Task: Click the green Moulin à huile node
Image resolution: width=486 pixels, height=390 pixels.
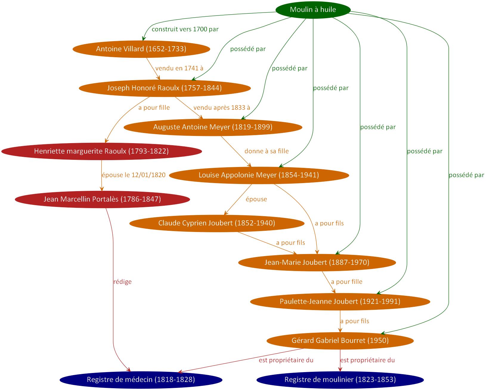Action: [x=313, y=10]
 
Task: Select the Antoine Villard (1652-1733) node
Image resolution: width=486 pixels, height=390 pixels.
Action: [x=141, y=49]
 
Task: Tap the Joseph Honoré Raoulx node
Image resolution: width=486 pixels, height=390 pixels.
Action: [x=164, y=88]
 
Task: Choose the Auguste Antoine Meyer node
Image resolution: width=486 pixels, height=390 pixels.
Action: [x=213, y=127]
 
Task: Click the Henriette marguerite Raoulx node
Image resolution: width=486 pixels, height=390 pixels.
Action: [x=101, y=151]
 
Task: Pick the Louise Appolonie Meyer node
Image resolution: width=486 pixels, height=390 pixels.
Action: [x=259, y=175]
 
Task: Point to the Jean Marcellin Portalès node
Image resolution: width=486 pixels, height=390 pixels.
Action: [x=102, y=199]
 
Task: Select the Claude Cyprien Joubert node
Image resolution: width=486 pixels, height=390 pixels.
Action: [x=216, y=223]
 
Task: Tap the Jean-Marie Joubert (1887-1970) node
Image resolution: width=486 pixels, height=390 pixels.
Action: [x=317, y=262]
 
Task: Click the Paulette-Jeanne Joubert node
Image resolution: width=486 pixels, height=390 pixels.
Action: [x=340, y=301]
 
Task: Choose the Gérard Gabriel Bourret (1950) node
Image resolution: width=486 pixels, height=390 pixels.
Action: [x=340, y=341]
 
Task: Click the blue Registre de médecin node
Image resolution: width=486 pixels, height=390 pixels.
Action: [x=141, y=380]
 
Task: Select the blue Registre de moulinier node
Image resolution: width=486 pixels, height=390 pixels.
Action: [x=340, y=380]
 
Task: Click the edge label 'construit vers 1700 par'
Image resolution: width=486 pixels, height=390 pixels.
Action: [x=185, y=30]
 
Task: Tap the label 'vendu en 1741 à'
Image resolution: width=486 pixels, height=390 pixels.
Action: [x=179, y=68]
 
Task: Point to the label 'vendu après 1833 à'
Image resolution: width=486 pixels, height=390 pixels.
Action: [x=222, y=108]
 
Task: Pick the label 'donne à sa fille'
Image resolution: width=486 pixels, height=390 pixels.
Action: [x=267, y=151]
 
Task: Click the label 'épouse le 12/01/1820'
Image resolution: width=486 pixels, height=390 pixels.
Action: [x=134, y=175]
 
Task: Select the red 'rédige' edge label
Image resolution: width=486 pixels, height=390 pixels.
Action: [x=123, y=282]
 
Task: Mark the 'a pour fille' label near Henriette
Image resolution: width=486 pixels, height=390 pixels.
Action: [x=154, y=108]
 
